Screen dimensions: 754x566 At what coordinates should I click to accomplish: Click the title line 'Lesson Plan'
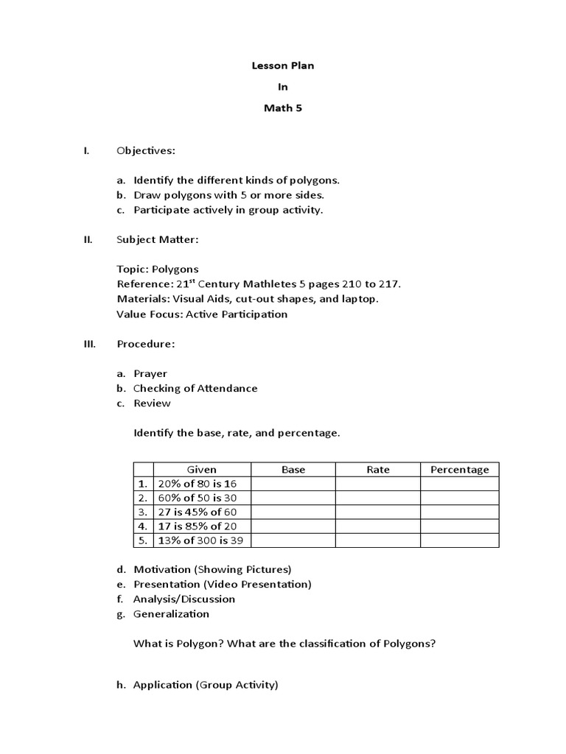click(283, 66)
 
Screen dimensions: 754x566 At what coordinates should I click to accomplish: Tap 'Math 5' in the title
click(283, 108)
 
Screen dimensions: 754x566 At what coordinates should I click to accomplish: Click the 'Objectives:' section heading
click(146, 151)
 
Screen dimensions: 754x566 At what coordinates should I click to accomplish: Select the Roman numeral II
click(86, 239)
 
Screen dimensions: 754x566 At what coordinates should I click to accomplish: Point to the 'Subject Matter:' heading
click(157, 239)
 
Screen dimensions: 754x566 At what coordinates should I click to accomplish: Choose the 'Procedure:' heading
click(146, 344)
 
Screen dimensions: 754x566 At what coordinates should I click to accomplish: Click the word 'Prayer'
click(150, 373)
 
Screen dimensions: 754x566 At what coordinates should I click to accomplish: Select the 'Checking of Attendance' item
click(195, 388)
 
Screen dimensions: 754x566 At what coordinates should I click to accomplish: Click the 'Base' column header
click(293, 470)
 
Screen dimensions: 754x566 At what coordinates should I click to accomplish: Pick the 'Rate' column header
click(378, 470)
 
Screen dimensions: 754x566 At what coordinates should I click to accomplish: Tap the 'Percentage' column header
click(460, 470)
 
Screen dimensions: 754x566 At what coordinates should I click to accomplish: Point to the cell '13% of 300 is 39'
click(199, 540)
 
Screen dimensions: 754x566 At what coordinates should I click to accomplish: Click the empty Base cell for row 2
click(293, 498)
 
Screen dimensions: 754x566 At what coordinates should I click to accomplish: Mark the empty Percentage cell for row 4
click(460, 526)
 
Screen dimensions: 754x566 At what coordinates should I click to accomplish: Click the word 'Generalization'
click(171, 613)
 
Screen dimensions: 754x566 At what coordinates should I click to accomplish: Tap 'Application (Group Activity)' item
click(206, 685)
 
